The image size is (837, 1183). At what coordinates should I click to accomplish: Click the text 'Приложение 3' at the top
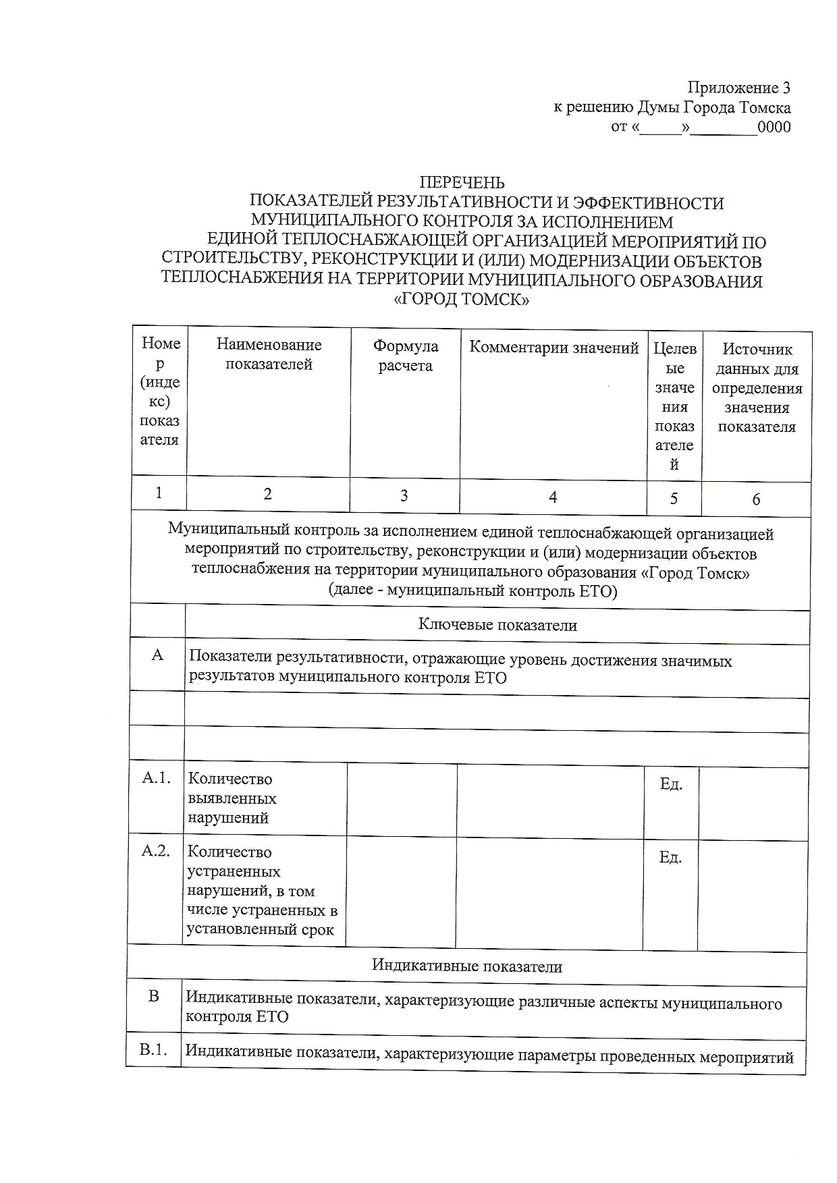[738, 88]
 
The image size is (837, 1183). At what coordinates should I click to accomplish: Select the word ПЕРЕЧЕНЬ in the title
[462, 183]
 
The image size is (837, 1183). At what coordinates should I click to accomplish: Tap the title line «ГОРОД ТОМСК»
[461, 300]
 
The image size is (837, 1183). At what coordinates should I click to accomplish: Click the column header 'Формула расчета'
[405, 356]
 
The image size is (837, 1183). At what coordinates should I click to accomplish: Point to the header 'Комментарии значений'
[553, 348]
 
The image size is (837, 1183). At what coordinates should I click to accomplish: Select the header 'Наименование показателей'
[269, 354]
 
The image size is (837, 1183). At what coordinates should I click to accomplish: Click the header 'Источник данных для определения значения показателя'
[757, 387]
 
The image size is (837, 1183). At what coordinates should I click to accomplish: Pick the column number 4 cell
[553, 497]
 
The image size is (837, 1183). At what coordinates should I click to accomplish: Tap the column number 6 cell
[756, 499]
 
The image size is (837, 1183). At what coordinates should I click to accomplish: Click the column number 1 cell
[159, 493]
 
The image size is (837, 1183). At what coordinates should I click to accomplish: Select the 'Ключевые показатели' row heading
[497, 625]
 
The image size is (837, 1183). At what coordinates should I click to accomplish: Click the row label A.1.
[157, 778]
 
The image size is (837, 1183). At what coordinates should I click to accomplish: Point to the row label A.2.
[155, 851]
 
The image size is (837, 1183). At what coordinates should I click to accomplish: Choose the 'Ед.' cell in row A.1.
[671, 783]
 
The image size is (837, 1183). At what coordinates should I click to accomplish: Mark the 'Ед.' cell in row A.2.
[670, 857]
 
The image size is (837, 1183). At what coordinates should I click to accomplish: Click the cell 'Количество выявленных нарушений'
[232, 798]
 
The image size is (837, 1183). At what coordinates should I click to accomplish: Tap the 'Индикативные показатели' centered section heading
[467, 966]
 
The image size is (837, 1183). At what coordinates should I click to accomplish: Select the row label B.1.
[154, 1050]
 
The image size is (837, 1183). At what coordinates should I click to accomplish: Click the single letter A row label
[157, 655]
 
